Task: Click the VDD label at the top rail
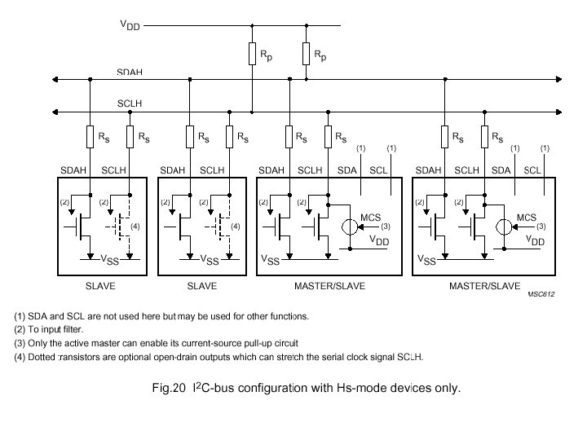(x=130, y=25)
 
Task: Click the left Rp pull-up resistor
(x=253, y=55)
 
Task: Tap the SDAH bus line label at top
(x=130, y=73)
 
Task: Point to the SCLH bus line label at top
(x=130, y=104)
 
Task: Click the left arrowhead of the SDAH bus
(x=55, y=79)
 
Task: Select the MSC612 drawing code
(x=540, y=295)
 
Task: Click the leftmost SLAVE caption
(x=100, y=286)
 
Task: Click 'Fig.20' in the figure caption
(x=170, y=388)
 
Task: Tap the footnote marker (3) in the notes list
(x=20, y=343)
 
